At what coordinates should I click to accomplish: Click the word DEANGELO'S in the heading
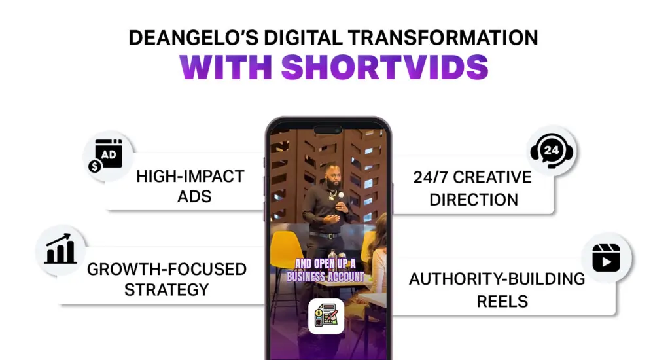(x=194, y=37)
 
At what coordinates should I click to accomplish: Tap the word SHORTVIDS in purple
(x=385, y=67)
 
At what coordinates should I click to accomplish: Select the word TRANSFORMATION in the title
(x=444, y=37)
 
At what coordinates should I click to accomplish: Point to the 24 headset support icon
(x=552, y=151)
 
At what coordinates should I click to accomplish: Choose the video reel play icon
(x=607, y=258)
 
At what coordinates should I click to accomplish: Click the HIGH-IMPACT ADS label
(x=190, y=187)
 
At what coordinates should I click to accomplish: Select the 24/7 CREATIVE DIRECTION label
(x=472, y=189)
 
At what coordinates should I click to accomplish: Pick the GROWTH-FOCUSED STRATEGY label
(x=167, y=279)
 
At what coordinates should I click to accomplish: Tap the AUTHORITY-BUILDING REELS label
(x=497, y=290)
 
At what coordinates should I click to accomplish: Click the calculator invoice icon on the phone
(x=326, y=316)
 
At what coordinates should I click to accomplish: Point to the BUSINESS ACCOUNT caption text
(x=325, y=277)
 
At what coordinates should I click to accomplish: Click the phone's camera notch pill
(x=328, y=130)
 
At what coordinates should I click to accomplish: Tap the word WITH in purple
(x=226, y=67)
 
